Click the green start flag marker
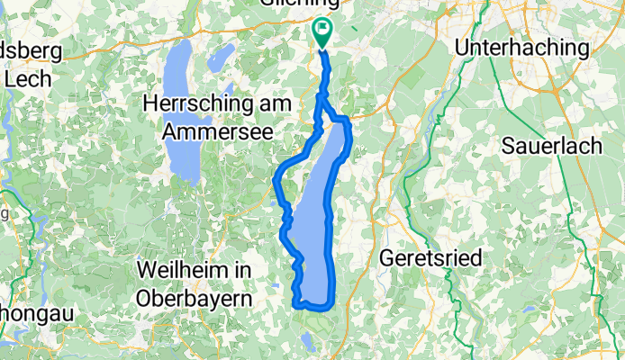(x=322, y=31)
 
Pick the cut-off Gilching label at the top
(x=322, y=4)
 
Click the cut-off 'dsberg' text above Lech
(x=27, y=51)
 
